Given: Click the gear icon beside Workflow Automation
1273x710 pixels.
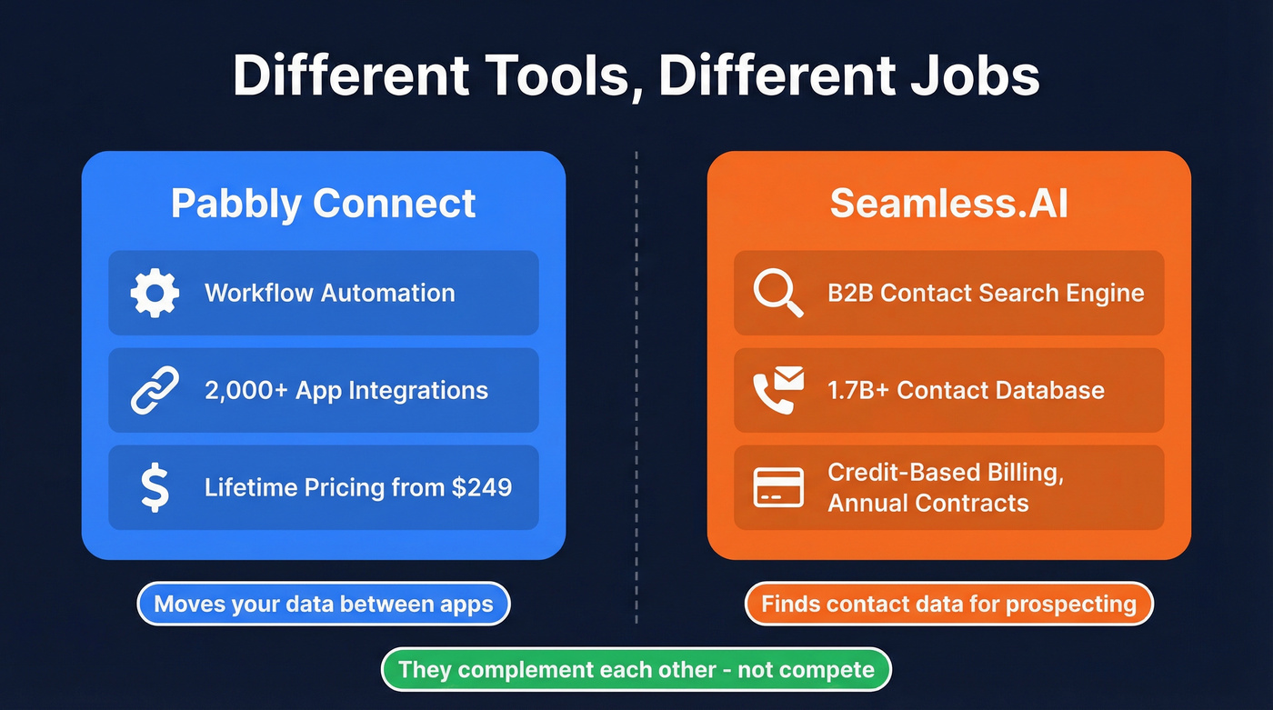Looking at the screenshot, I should pos(155,294).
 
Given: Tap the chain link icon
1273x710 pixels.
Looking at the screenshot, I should pos(155,391).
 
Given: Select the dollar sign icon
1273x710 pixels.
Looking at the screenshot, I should pos(155,487).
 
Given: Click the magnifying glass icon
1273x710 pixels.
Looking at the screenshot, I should pos(778,294).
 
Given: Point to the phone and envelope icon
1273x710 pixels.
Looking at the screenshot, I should pos(778,390).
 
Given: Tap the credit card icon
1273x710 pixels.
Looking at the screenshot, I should pos(778,487).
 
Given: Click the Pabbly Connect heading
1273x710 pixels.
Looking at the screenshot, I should pos(323,204).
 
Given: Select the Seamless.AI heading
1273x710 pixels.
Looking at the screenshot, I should pos(948,204).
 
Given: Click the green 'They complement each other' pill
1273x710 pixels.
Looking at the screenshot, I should pos(636,671).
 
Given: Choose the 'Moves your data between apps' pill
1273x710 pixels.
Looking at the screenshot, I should pos(323,604).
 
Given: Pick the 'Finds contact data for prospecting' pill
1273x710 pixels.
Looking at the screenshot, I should pos(948,604).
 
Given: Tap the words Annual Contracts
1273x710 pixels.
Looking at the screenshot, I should pos(927,503).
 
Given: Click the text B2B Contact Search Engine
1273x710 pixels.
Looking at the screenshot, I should pos(986,294).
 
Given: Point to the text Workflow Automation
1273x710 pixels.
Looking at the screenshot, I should pos(329,294).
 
